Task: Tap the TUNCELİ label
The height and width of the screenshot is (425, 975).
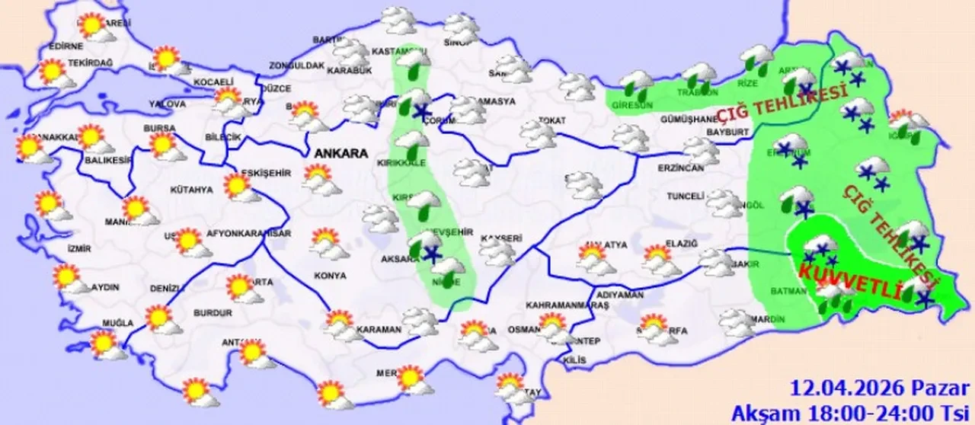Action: (685, 197)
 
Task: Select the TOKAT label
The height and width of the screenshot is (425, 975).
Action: (549, 119)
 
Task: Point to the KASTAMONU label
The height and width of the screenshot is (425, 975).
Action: (393, 51)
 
